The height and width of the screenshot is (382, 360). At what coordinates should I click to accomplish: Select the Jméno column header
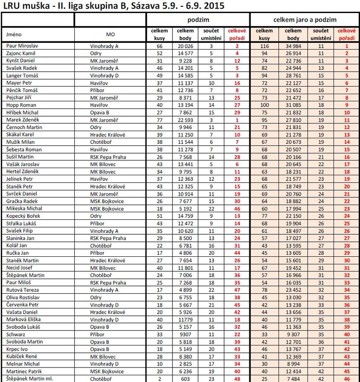point(14,34)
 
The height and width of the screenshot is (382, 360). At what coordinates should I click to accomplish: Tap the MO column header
point(110,34)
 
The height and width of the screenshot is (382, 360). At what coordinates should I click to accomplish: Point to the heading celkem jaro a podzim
point(305,20)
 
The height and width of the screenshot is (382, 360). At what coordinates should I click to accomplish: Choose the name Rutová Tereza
point(21,290)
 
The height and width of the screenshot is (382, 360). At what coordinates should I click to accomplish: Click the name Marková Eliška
point(22,319)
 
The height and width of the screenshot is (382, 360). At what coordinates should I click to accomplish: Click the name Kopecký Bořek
point(22,216)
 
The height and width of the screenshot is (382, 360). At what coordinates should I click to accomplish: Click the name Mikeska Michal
point(22,209)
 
